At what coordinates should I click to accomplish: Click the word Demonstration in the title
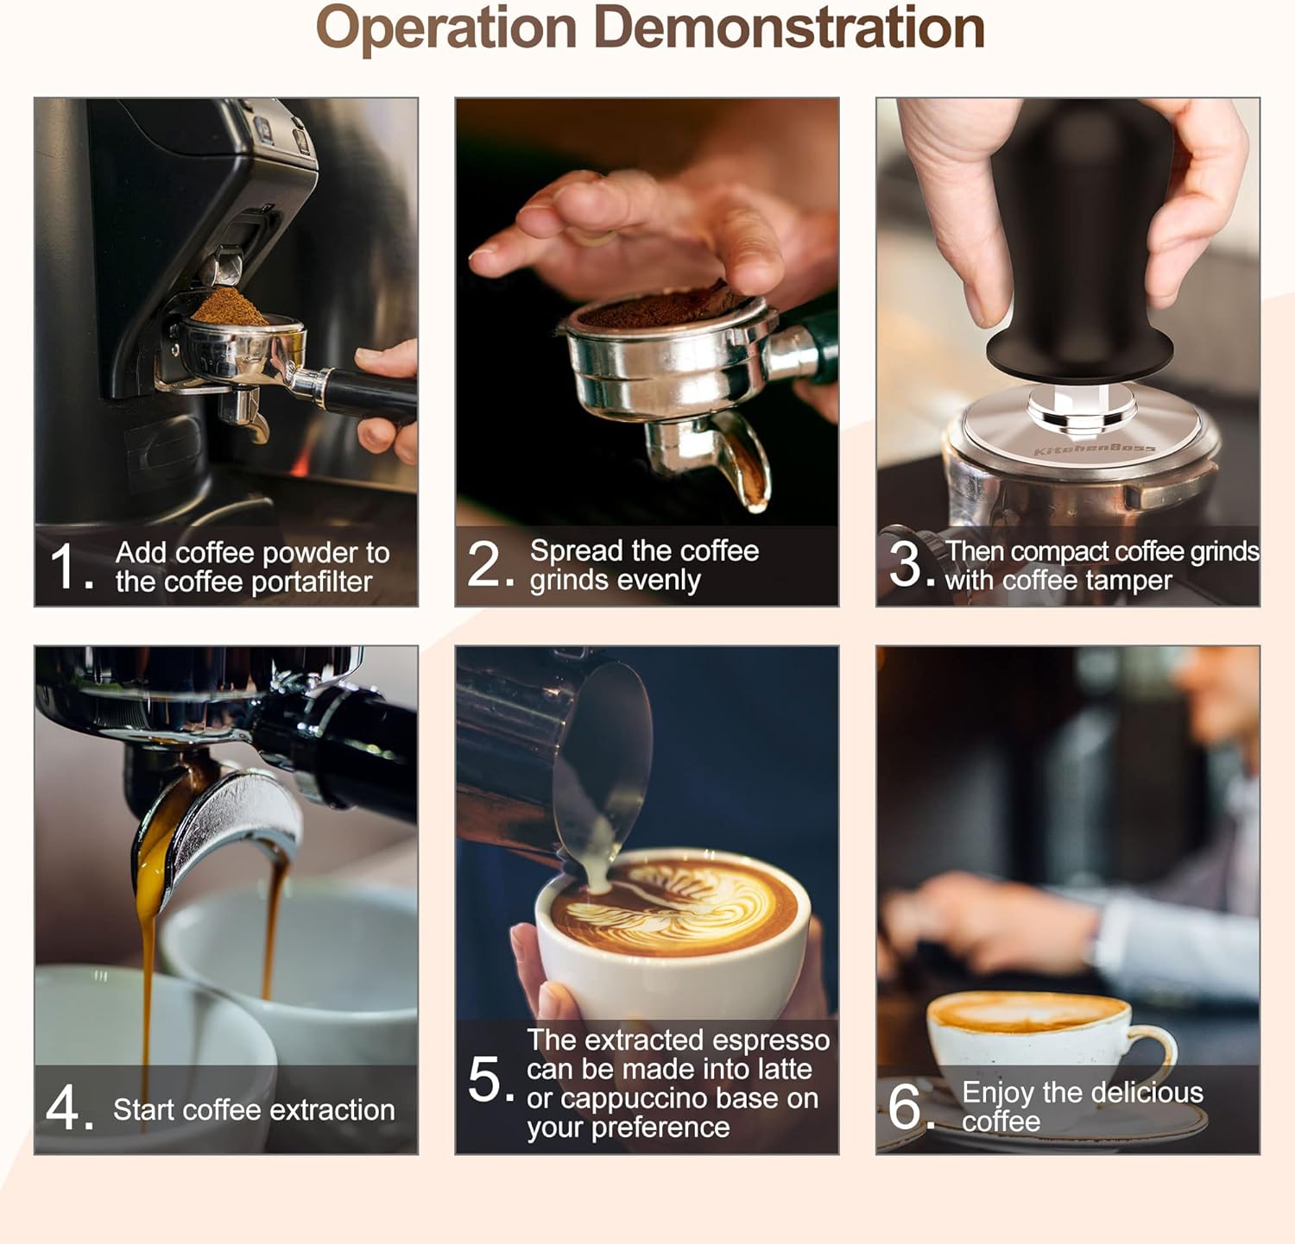tap(789, 28)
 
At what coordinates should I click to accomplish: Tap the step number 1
tap(65, 567)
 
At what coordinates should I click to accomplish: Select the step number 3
tap(906, 564)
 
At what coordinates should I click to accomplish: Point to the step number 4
tap(63, 1108)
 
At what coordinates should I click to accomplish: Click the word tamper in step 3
tap(1130, 581)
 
